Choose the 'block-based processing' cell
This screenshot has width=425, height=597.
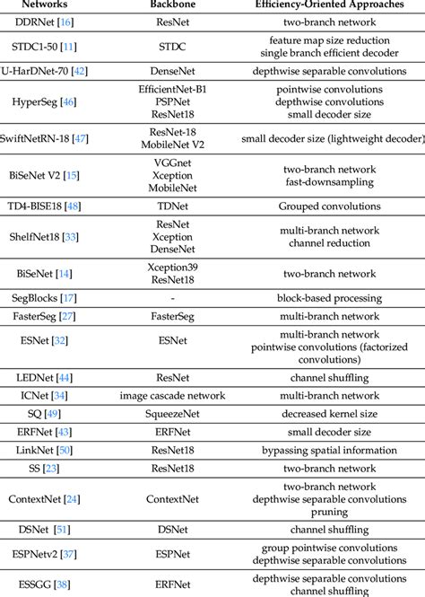[x=333, y=296]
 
